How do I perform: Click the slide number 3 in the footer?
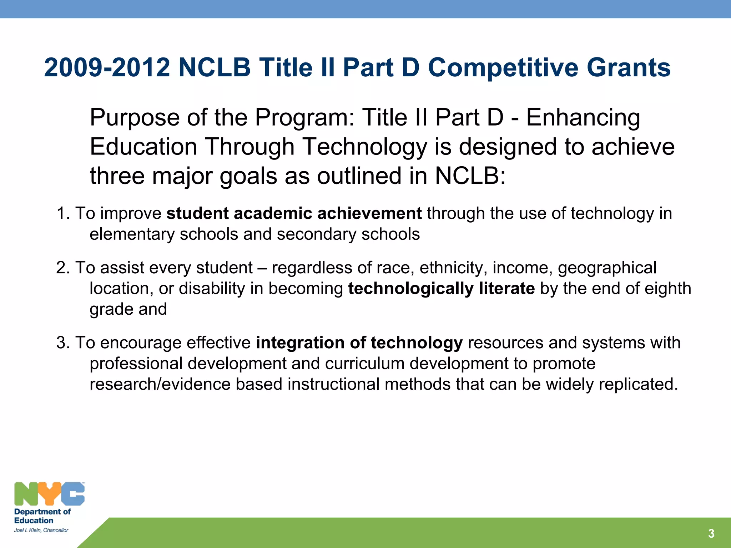[711, 533]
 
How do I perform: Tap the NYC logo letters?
[49, 494]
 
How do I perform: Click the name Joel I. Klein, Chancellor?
[41, 530]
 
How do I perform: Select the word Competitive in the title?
[503, 68]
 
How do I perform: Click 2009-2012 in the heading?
[107, 68]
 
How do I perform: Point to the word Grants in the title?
[629, 68]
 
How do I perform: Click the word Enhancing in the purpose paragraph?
[583, 118]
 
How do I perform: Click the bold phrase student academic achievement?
[294, 213]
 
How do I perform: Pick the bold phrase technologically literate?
[442, 288]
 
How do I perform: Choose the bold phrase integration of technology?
[359, 343]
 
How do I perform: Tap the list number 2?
[63, 268]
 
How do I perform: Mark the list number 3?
[63, 343]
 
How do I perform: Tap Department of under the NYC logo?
[42, 512]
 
